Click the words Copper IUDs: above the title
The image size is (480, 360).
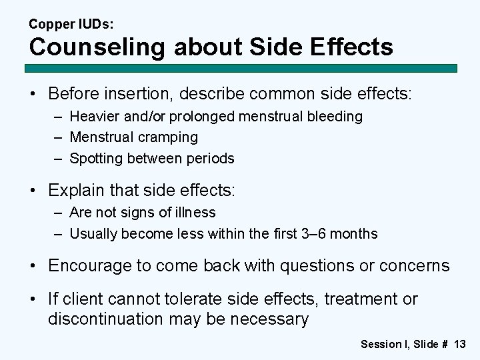pos(71,24)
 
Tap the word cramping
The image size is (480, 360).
pos(169,137)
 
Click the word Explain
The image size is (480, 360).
pos(73,191)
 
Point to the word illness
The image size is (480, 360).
pos(194,213)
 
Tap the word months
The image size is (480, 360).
pos(355,234)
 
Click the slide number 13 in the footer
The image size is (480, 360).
pos(459,344)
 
